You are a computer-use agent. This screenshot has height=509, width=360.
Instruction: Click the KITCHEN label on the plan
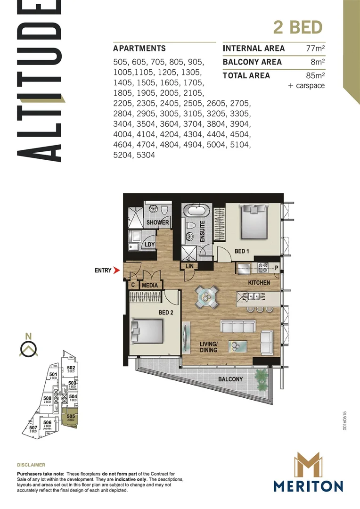click(259, 283)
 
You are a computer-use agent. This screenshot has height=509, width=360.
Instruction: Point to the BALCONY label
click(230, 379)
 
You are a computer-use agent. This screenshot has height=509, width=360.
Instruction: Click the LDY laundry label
click(150, 245)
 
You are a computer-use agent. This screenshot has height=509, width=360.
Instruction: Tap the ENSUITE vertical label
click(202, 232)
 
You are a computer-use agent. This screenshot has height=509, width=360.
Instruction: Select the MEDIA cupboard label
click(149, 285)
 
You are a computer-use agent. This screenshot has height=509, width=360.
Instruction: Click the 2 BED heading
click(298, 27)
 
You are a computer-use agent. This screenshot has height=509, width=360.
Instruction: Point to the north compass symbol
click(29, 349)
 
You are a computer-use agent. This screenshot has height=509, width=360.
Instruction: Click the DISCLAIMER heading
click(31, 465)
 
